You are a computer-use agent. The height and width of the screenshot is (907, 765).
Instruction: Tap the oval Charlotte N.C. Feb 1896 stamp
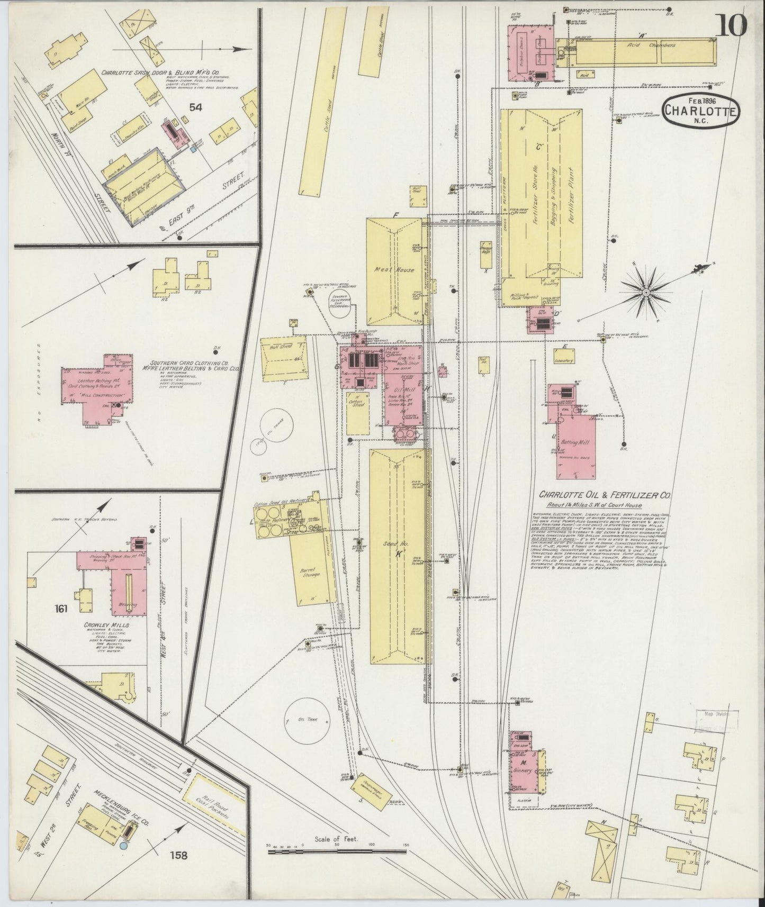coord(702,111)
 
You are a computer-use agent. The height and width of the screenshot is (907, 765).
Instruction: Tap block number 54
coord(196,108)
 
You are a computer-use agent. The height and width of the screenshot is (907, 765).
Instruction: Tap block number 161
coord(61,609)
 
